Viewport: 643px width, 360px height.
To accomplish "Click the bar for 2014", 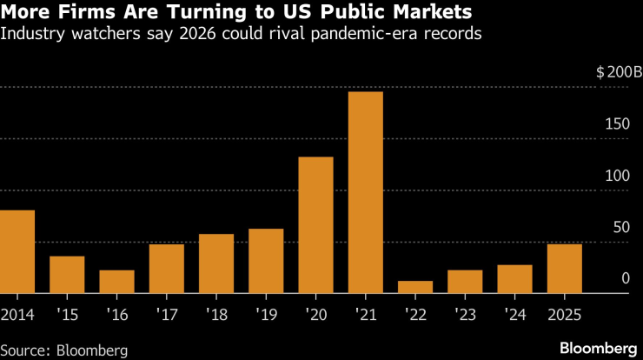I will pos(17,252).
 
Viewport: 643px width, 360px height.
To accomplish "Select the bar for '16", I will pos(116,282).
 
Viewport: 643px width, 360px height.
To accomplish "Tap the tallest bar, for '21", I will pos(366,192).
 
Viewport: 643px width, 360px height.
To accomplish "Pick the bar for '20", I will pos(315,225).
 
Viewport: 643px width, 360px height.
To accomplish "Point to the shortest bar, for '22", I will pos(415,287).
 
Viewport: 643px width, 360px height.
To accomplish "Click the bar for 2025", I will pos(565,269).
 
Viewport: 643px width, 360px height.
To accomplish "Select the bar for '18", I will pos(216,263).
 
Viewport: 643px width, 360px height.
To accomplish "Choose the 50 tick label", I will pos(620,227).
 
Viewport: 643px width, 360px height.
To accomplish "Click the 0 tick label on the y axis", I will pos(625,278).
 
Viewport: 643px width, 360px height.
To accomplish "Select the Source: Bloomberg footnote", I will pos(64,350).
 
